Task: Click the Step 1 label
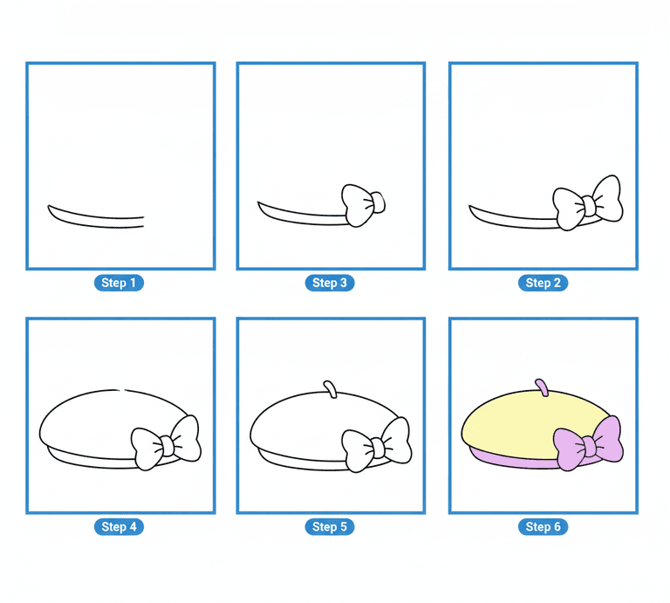(x=119, y=283)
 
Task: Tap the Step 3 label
(x=330, y=283)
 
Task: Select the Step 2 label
(x=544, y=283)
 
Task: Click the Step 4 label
(x=119, y=527)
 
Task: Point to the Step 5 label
(x=330, y=527)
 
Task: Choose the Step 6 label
(x=544, y=527)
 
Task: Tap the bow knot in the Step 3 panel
(x=378, y=202)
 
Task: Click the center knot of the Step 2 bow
(x=588, y=206)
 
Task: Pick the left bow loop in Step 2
(x=568, y=209)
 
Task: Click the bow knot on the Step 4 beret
(x=167, y=446)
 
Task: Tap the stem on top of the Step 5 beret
(x=331, y=389)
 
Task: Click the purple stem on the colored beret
(x=542, y=387)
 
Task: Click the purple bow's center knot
(x=588, y=447)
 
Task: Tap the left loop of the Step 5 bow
(x=358, y=451)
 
